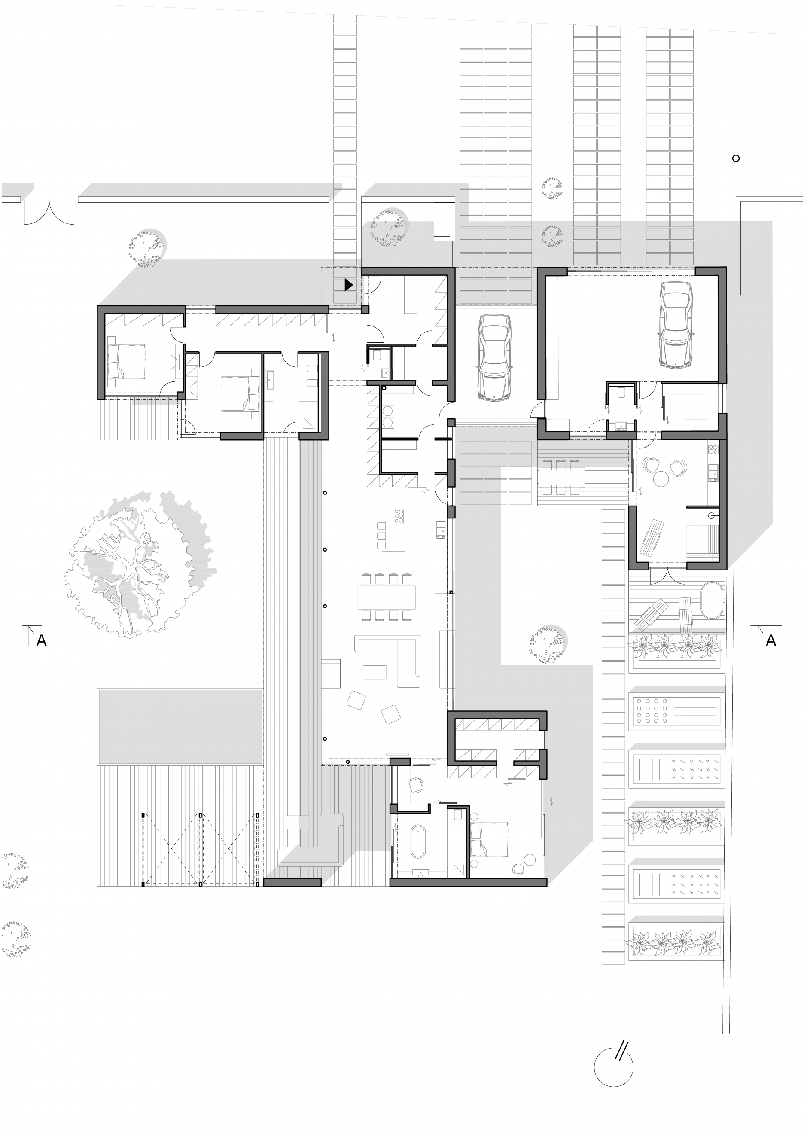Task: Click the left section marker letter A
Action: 42,641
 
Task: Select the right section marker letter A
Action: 771,641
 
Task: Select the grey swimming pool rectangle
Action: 180,726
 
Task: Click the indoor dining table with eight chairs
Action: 387,597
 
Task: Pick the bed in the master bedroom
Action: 489,839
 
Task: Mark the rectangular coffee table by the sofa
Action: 375,672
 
